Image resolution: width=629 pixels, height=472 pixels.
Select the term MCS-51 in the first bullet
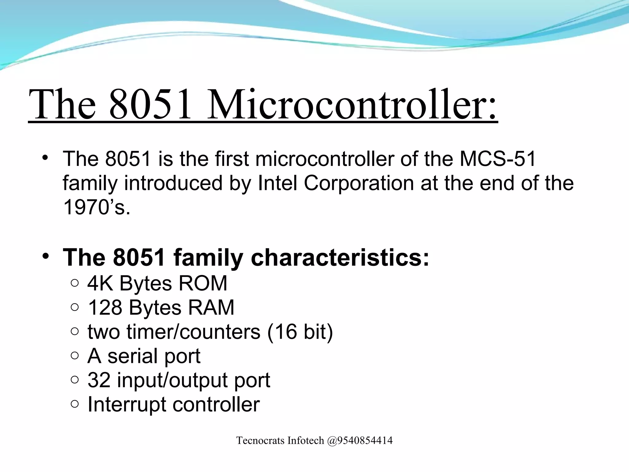point(498,159)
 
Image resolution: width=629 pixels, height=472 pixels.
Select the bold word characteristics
point(340,257)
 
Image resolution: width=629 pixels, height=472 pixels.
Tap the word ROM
point(203,283)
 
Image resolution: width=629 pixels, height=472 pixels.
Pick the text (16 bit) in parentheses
point(300,332)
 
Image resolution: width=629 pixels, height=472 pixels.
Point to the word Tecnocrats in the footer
point(260,441)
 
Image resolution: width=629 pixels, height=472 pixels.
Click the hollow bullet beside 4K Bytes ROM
point(75,283)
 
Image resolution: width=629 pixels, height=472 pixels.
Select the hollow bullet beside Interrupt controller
point(75,404)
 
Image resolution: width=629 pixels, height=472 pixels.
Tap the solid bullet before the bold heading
point(46,256)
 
